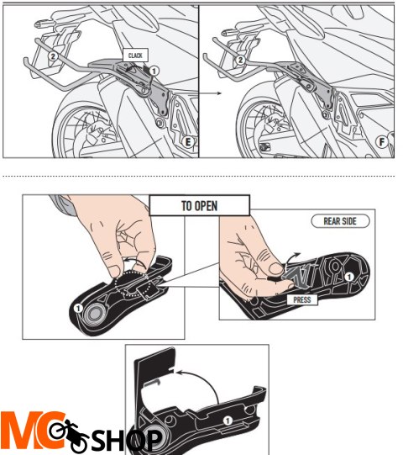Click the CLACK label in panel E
pyautogui.click(x=135, y=56)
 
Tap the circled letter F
pyautogui.click(x=382, y=142)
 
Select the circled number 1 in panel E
pyautogui.click(x=154, y=72)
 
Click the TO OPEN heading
pyautogui.click(x=199, y=204)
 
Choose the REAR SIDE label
pyautogui.click(x=340, y=221)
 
